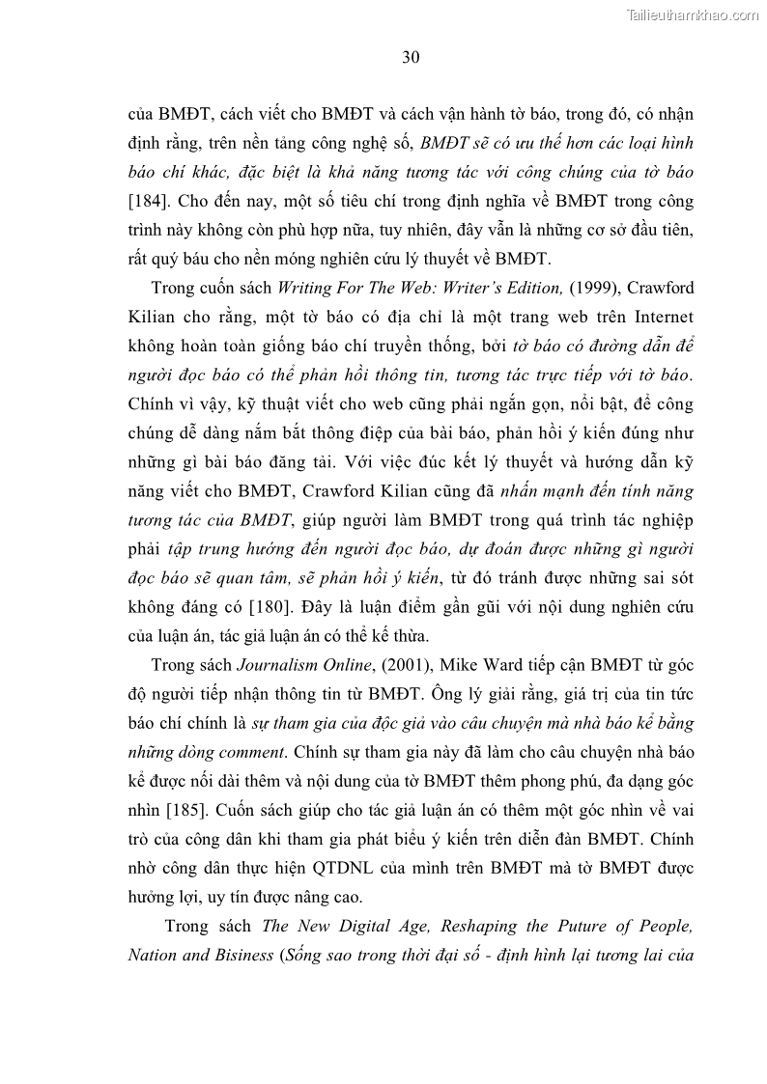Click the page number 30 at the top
click(x=411, y=58)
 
